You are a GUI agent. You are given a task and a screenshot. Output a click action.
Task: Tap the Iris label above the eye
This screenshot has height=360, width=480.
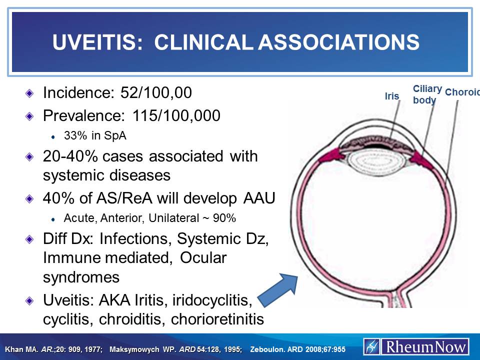pos(392,96)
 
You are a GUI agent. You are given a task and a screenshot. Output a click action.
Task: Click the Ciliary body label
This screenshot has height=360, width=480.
pos(426,94)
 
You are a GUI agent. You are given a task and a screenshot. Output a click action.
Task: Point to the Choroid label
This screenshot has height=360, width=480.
pos(462,92)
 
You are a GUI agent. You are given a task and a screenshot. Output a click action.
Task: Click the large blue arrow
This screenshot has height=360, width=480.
pos(279,288)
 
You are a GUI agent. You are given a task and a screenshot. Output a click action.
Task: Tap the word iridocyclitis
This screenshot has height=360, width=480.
pos(211,300)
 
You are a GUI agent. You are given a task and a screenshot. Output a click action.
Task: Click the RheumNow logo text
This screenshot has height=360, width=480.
pos(425,346)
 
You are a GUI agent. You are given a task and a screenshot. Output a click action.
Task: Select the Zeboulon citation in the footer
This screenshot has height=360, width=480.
pos(298,348)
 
